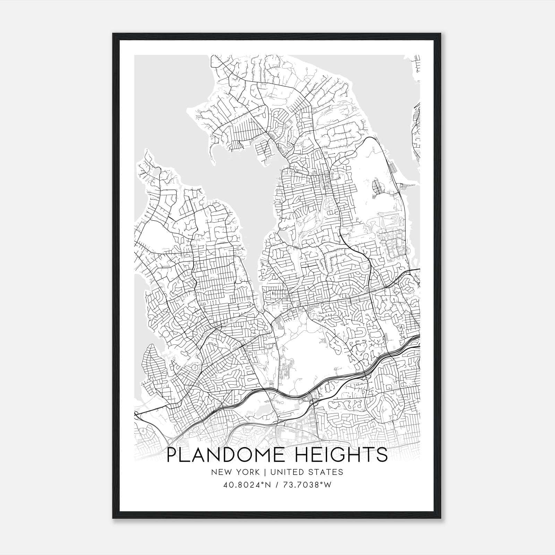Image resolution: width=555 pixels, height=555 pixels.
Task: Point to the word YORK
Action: [247, 472]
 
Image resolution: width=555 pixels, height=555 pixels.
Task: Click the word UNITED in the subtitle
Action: [285, 472]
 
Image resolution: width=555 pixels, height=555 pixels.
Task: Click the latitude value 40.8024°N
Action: [247, 485]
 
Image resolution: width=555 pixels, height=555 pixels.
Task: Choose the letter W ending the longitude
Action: [328, 485]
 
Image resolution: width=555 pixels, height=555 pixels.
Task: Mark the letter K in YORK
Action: [257, 472]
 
